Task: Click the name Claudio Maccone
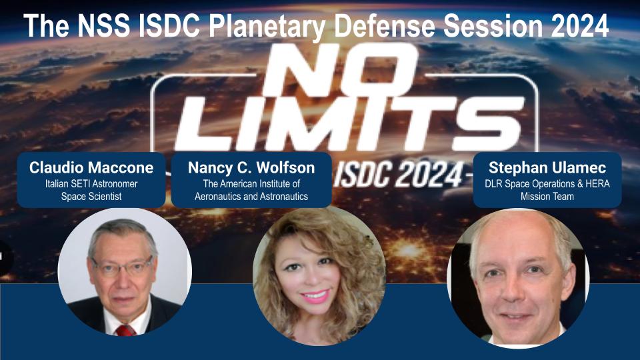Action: (92, 168)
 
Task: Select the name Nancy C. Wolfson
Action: (251, 168)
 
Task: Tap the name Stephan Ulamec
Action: (547, 168)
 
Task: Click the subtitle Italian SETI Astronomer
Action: (92, 183)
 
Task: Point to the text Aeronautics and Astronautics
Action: (251, 197)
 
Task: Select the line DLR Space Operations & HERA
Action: (547, 183)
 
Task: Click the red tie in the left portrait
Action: (124, 329)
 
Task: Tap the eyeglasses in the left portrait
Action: (123, 267)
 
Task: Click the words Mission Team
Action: (547, 197)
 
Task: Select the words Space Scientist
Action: (92, 197)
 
